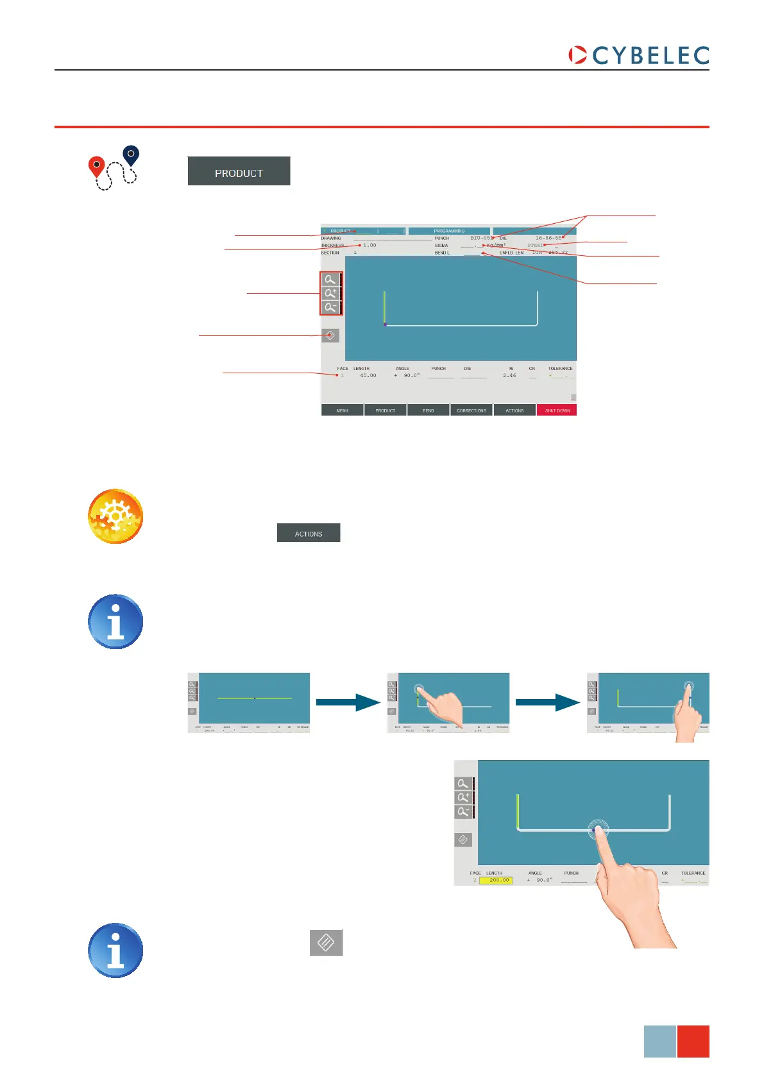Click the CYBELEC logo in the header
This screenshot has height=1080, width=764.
[x=639, y=55]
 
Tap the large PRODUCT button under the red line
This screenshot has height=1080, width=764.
[x=239, y=171]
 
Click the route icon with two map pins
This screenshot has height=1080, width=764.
[x=114, y=168]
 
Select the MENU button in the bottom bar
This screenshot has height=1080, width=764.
[x=342, y=410]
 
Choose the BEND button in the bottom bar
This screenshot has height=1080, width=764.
[x=428, y=410]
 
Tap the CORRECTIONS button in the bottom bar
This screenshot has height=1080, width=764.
[x=471, y=410]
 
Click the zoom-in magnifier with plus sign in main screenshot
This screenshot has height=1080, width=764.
[x=330, y=293]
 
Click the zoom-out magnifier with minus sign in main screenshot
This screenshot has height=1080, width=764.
[x=330, y=307]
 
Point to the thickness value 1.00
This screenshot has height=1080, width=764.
[x=369, y=246]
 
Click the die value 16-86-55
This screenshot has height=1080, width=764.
[x=548, y=238]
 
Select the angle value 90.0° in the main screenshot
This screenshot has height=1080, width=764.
[x=411, y=376]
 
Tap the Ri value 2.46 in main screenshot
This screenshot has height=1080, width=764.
[x=509, y=376]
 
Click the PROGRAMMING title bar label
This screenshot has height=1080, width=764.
[x=449, y=231]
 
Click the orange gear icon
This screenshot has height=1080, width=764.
[x=115, y=517]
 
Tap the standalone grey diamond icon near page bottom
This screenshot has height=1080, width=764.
[x=326, y=942]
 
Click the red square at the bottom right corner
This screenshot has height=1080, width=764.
[x=693, y=1041]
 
